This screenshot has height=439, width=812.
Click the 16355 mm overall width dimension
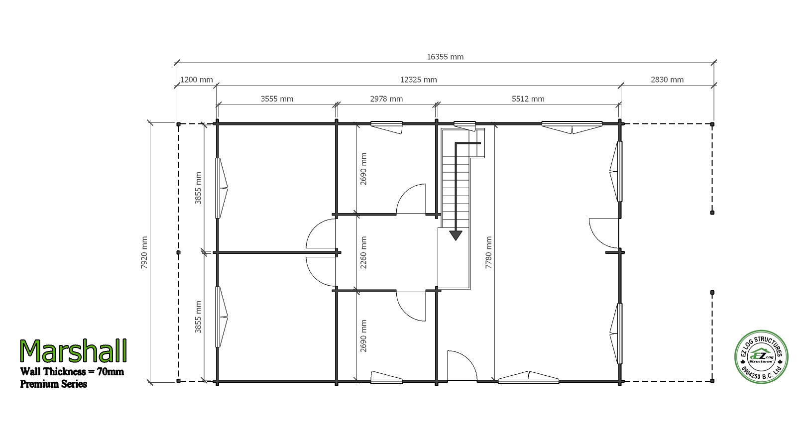click(x=445, y=57)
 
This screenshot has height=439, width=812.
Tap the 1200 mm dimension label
click(x=197, y=80)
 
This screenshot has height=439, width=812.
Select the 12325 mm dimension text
click(x=418, y=80)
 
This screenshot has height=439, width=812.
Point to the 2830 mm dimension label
click(x=667, y=80)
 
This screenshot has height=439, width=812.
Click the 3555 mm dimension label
click(x=277, y=99)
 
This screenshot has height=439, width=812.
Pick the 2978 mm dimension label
click(x=386, y=99)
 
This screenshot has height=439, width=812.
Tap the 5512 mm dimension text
click(x=528, y=99)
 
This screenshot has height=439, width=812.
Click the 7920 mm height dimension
click(x=144, y=252)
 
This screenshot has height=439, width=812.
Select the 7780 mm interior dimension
click(x=489, y=252)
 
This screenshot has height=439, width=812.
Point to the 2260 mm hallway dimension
click(x=363, y=252)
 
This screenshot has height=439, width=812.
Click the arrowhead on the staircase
click(x=456, y=235)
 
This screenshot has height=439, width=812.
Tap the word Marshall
click(x=73, y=351)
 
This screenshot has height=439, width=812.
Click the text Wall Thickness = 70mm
click(x=72, y=372)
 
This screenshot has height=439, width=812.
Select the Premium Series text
click(x=53, y=384)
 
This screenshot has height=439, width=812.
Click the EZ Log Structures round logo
click(x=761, y=357)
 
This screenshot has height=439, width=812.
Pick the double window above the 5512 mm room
click(x=572, y=127)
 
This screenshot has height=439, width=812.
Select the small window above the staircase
click(x=464, y=125)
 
